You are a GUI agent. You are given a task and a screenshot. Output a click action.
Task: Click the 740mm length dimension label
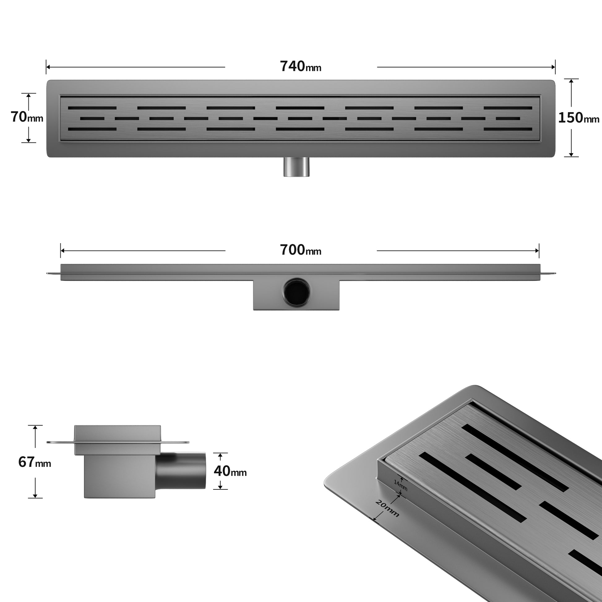point(301,67)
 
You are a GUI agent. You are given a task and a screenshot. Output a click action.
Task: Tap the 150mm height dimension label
point(578,118)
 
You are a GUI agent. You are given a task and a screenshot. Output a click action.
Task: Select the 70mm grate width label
point(27,117)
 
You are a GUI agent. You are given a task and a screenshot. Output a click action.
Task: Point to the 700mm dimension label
point(301,250)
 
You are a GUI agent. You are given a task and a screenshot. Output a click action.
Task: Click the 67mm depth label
point(35,462)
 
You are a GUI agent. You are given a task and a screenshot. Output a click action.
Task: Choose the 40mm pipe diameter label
point(230,471)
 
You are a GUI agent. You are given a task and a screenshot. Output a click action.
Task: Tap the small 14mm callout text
point(400,485)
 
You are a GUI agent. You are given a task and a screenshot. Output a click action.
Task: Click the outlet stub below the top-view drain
point(297,167)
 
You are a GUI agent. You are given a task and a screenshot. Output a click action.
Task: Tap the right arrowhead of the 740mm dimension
point(553,67)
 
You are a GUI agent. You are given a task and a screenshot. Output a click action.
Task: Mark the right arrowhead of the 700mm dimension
point(537,251)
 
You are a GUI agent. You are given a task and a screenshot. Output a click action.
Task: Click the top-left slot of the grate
point(92,108)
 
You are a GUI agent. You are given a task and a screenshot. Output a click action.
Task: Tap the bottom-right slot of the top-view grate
point(508,129)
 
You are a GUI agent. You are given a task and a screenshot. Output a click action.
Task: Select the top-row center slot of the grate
point(300,108)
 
